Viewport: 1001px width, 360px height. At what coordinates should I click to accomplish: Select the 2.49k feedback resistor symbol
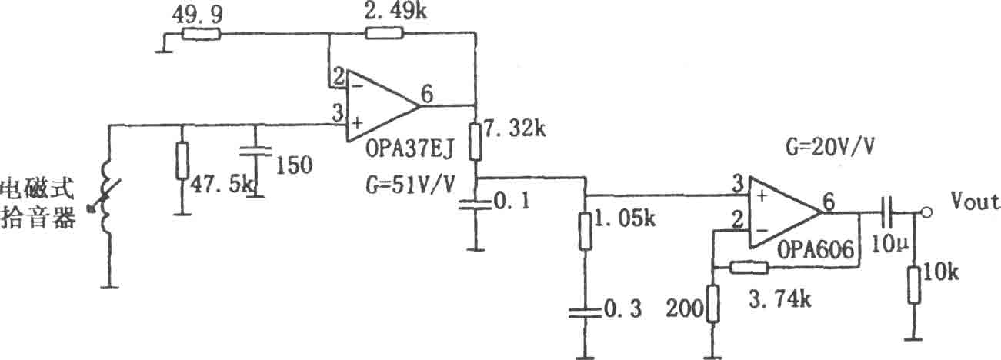(x=384, y=33)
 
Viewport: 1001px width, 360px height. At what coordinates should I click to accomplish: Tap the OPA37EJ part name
(x=409, y=148)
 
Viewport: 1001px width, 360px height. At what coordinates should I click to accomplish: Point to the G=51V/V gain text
(x=410, y=184)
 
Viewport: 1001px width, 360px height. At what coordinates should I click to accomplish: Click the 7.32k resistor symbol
(x=475, y=142)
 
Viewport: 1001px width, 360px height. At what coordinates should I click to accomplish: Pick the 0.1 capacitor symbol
(x=475, y=205)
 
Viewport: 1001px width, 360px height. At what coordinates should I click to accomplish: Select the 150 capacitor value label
(x=294, y=165)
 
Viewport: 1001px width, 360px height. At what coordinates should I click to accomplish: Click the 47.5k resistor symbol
(x=182, y=161)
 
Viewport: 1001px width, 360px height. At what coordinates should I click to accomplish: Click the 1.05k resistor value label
(x=626, y=219)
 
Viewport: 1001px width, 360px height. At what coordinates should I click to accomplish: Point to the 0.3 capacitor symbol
(x=585, y=312)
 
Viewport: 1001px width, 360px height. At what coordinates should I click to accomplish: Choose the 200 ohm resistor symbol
(x=713, y=304)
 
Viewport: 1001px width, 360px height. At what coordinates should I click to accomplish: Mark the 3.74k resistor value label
(x=780, y=299)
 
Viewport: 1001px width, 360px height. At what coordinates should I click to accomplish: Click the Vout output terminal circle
(x=927, y=213)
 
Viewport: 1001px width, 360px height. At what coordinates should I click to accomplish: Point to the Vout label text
(x=975, y=202)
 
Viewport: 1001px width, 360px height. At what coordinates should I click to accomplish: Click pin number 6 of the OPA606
(x=829, y=202)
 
